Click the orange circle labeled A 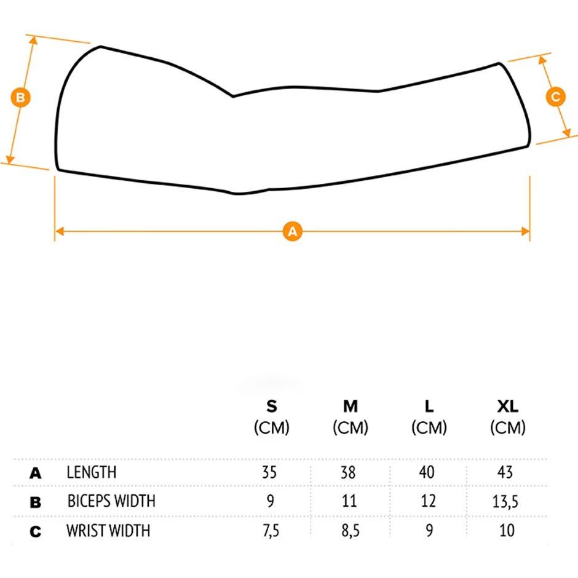292,231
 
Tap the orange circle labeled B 21,98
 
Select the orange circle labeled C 555,97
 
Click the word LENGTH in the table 92,472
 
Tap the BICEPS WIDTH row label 111,501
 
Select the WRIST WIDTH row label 108,531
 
